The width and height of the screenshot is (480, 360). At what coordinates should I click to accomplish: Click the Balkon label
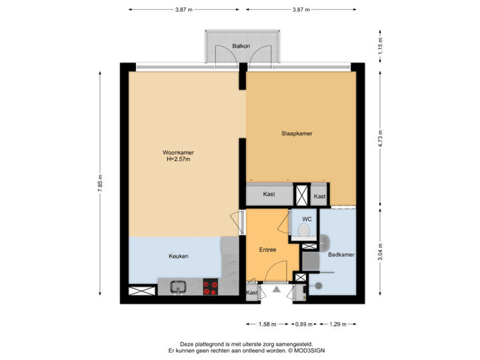click(241, 46)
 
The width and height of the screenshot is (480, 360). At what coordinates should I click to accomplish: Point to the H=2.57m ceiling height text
click(178, 159)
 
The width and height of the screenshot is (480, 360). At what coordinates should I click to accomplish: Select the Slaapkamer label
click(297, 133)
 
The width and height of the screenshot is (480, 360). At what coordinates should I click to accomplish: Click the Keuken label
click(178, 256)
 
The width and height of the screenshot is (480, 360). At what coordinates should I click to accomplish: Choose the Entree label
click(268, 250)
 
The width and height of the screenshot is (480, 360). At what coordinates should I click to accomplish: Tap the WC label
click(307, 219)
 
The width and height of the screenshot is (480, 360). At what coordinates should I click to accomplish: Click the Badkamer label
click(341, 255)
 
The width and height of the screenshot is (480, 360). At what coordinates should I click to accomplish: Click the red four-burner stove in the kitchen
click(211, 287)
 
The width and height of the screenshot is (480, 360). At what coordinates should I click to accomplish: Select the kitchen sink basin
click(177, 287)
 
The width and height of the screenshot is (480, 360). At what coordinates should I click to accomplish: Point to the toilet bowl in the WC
click(304, 231)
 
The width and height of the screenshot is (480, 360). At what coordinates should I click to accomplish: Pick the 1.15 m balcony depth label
click(380, 46)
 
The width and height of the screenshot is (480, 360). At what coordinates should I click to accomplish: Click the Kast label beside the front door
click(252, 293)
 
